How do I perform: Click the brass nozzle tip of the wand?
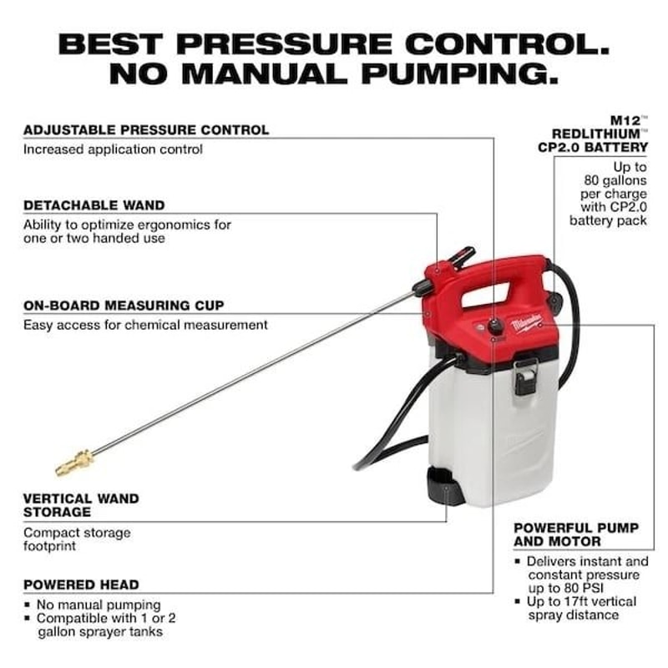(x=73, y=460)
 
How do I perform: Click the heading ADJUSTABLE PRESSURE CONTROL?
(x=146, y=130)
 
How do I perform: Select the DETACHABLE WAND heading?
(x=94, y=205)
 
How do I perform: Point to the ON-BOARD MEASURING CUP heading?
(x=124, y=306)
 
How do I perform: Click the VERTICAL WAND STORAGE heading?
(x=81, y=505)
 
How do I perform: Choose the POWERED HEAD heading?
(x=81, y=584)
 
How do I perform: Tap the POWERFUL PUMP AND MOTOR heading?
(x=576, y=534)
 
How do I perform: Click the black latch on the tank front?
(x=526, y=376)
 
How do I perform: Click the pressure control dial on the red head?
(x=496, y=326)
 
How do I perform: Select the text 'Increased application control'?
(x=113, y=149)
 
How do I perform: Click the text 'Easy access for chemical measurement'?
(x=145, y=325)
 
